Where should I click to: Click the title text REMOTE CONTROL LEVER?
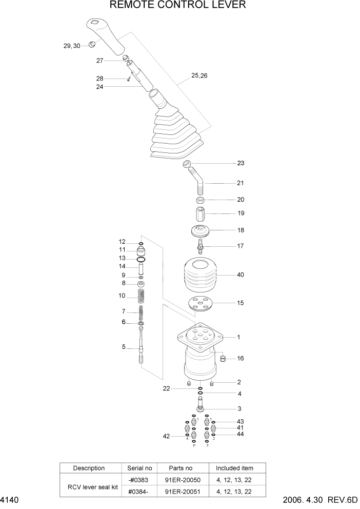[178, 6]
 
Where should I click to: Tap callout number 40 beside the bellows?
[240, 275]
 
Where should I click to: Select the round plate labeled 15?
[199, 304]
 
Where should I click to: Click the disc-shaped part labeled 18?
[200, 231]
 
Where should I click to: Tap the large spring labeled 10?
[141, 296]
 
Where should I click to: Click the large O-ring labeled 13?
[141, 260]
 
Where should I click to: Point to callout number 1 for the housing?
[238, 337]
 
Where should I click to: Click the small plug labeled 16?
[223, 358]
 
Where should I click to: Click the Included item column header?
[237, 468]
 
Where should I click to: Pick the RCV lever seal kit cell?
[89, 485]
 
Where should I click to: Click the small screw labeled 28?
[128, 79]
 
